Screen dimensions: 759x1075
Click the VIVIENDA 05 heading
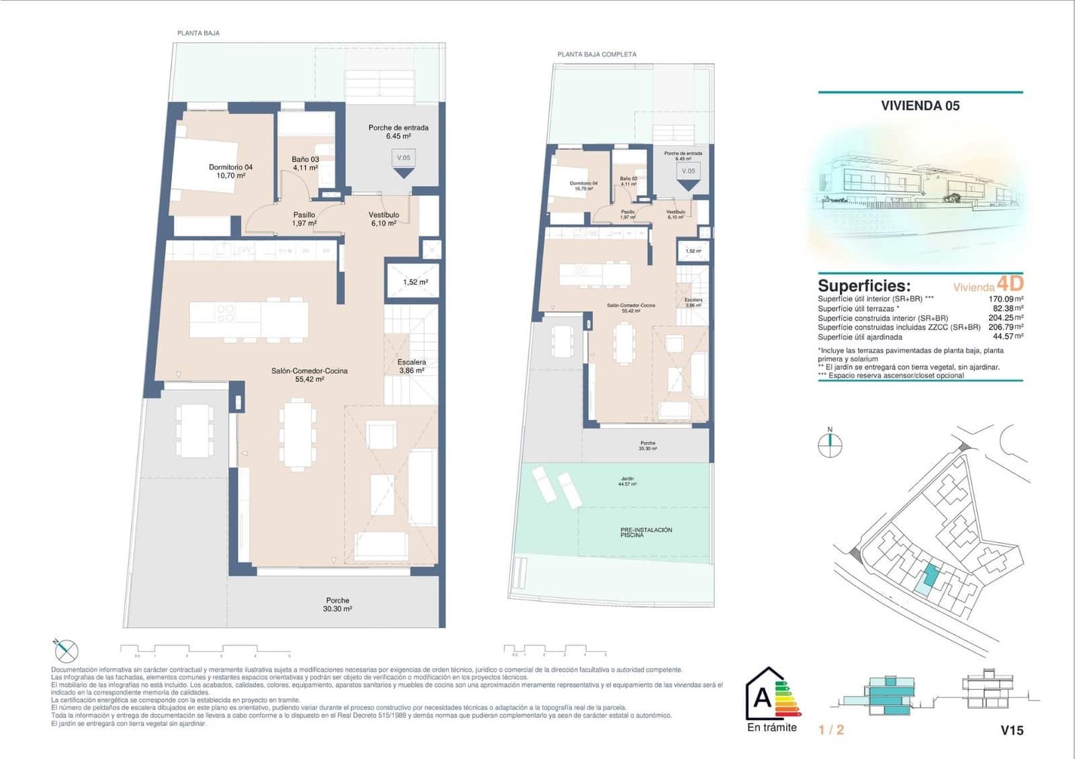pyautogui.click(x=920, y=105)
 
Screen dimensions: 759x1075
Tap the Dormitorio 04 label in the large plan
pyautogui.click(x=230, y=171)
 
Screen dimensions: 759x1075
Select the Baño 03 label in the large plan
pyautogui.click(x=305, y=163)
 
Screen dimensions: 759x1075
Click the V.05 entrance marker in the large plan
pyautogui.click(x=403, y=159)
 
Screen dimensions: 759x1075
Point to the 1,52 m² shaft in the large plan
pyautogui.click(x=415, y=282)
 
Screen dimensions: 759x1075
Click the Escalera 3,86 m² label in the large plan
pyautogui.click(x=411, y=366)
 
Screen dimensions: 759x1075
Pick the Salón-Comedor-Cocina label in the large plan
pyautogui.click(x=309, y=375)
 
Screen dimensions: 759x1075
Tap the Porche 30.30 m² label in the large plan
pyautogui.click(x=337, y=605)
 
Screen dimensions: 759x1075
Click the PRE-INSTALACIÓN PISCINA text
pyautogui.click(x=646, y=532)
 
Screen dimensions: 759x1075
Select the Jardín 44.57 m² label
pyautogui.click(x=628, y=481)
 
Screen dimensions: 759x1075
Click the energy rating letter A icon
pyautogui.click(x=763, y=699)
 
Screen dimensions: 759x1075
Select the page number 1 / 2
pyautogui.click(x=831, y=730)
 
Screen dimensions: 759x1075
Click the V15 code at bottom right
pyautogui.click(x=1012, y=730)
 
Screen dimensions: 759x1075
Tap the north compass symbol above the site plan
pyautogui.click(x=830, y=445)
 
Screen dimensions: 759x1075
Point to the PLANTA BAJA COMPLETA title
pyautogui.click(x=597, y=54)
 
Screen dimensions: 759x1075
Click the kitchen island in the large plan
pyautogui.click(x=249, y=320)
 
